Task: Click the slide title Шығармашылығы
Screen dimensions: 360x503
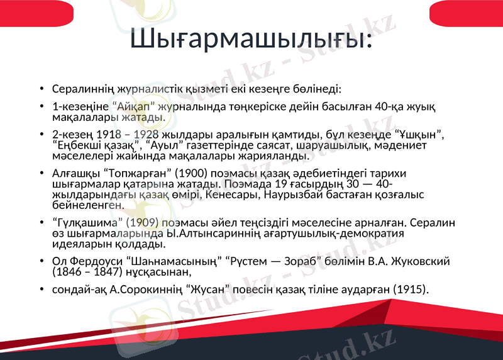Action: point(251,39)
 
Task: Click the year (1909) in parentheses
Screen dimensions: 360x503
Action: point(144,222)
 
